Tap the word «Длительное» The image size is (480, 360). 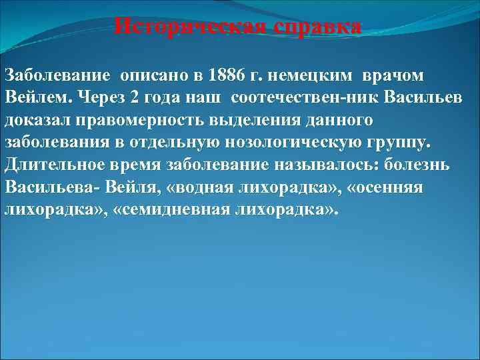pos(48,167)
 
